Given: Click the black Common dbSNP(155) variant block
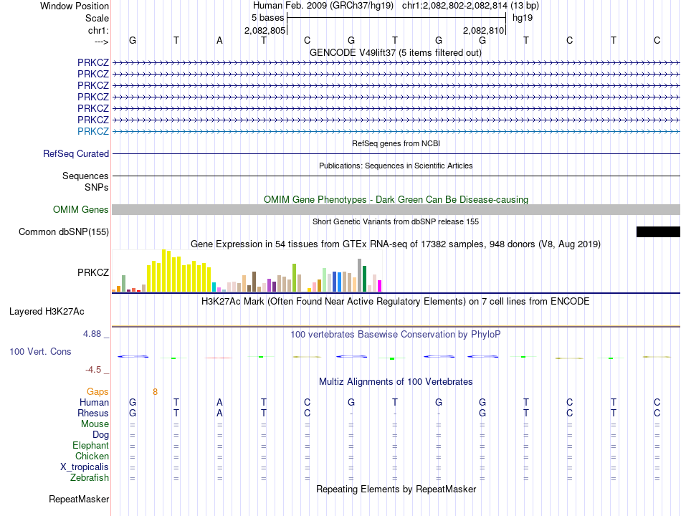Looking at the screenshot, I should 658,231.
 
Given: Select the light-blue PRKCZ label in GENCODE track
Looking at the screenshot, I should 93,131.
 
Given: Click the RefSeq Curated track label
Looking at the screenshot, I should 76,153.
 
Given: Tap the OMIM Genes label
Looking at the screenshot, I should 80,210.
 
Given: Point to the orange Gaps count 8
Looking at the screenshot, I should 155,392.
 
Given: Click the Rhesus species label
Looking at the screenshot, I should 93,414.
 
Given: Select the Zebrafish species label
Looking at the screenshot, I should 90,478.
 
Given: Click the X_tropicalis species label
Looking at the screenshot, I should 85,467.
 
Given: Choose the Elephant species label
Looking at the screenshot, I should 90,446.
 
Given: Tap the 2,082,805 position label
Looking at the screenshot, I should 265,30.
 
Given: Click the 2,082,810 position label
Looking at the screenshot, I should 484,30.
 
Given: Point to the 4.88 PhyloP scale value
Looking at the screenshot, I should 95,334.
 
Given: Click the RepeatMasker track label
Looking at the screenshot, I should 79,499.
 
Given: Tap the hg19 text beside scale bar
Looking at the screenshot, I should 522,18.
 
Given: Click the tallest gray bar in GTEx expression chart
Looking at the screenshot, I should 359,275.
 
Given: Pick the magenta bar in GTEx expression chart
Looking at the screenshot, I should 379,286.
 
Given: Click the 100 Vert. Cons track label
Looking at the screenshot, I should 40,352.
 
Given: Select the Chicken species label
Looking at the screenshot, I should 92,457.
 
